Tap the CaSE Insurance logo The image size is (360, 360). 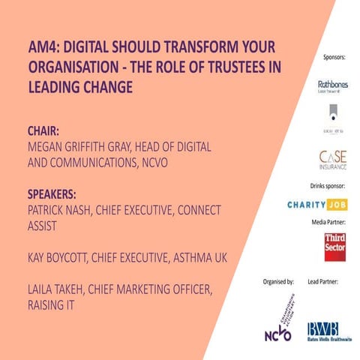pos(333,160)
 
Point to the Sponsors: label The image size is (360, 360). pos(334,57)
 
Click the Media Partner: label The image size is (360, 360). pos(330,223)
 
